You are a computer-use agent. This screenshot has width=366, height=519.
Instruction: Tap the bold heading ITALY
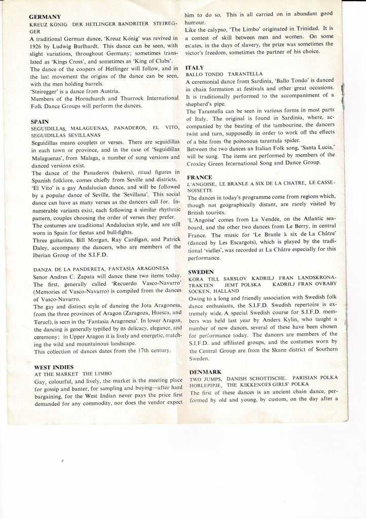click(195, 67)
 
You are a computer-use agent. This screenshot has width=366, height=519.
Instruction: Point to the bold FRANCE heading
click(199, 178)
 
